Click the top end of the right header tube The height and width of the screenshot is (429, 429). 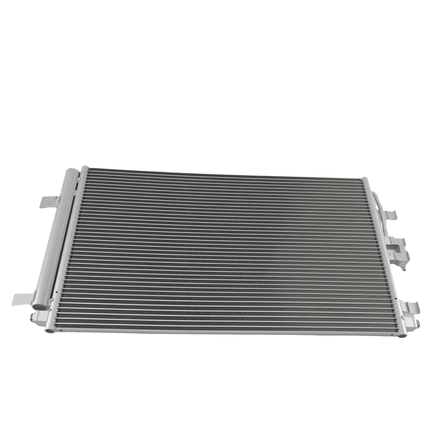click(365, 179)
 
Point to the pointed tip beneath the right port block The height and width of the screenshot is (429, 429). click(404, 269)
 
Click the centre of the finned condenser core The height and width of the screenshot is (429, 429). click(223, 251)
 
